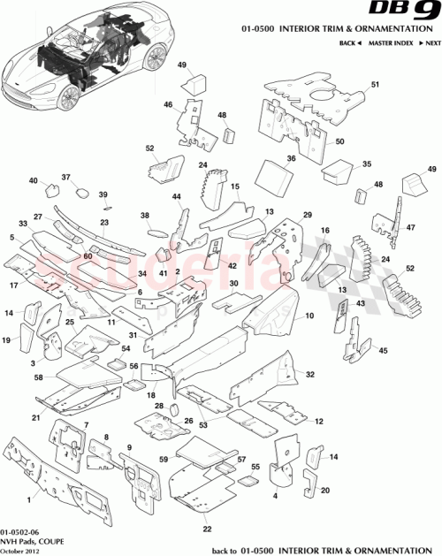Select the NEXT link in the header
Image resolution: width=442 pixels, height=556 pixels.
pyautogui.click(x=429, y=42)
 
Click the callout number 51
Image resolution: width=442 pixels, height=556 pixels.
pyautogui.click(x=374, y=85)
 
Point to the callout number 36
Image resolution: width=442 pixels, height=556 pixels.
pyautogui.click(x=290, y=158)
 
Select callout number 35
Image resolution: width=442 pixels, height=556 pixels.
pyautogui.click(x=367, y=164)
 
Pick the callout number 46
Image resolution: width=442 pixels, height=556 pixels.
pyautogui.click(x=167, y=104)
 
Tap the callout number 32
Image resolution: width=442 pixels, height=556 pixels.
pyautogui.click(x=310, y=375)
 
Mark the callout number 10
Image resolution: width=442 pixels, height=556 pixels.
pyautogui.click(x=309, y=316)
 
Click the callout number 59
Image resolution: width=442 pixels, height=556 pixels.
pyautogui.click(x=164, y=459)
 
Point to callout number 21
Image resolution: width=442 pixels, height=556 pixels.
pyautogui.click(x=35, y=417)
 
